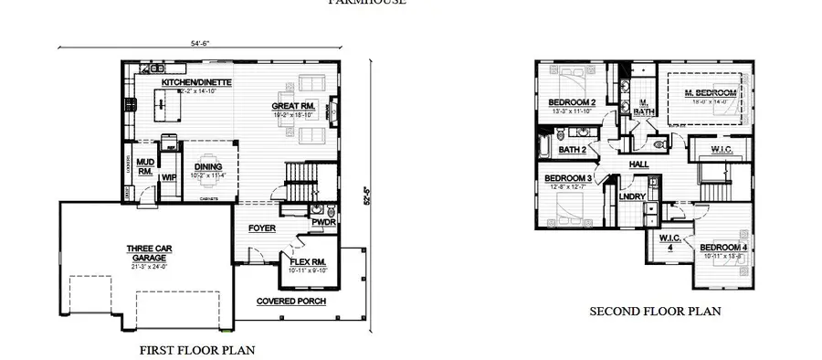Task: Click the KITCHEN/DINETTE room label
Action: coord(196,82)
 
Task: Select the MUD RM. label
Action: coord(144,165)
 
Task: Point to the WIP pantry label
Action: coord(168,177)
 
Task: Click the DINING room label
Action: coord(207,166)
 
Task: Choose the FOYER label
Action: coord(261,228)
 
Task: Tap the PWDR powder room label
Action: coord(322,221)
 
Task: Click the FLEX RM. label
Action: coord(307,261)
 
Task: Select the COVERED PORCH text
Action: coord(290,301)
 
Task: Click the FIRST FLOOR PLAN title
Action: coord(196,349)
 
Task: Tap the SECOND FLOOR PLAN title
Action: coord(655,312)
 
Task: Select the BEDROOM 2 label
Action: coord(572,101)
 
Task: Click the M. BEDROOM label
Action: coord(710,93)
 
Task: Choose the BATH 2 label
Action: coord(572,148)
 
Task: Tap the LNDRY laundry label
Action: coord(632,196)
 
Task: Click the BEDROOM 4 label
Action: coord(724,248)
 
